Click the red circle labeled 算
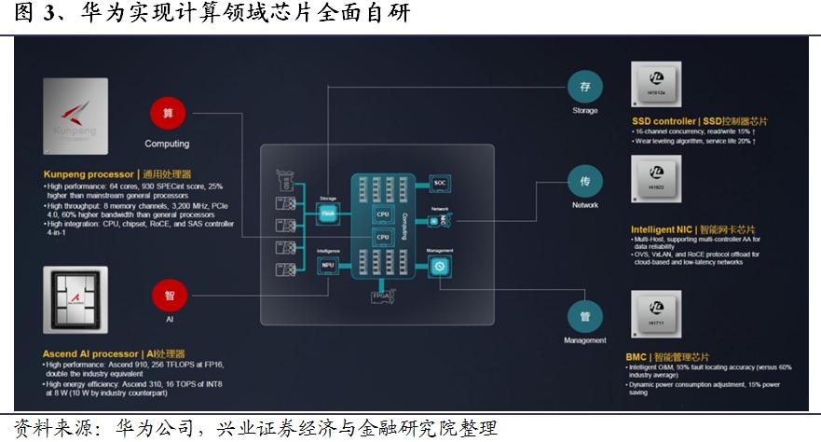pos(168,113)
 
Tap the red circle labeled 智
pos(168,296)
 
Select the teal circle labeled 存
pos(585,87)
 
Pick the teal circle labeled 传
pos(585,181)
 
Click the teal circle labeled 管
pos(585,316)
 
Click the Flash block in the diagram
pos(327,214)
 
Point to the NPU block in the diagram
pos(327,265)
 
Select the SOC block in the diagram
pos(440,183)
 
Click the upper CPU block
pos(382,214)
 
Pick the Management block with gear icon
pos(440,266)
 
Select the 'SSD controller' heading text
pos(664,121)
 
